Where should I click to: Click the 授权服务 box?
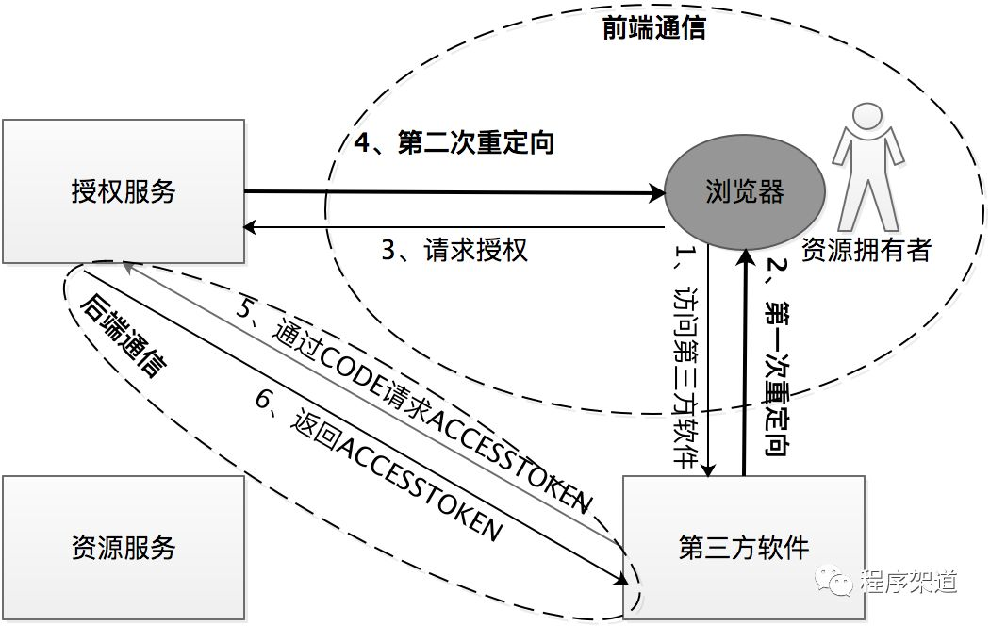(x=124, y=191)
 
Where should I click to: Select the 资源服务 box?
(x=124, y=547)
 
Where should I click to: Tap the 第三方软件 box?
(x=744, y=547)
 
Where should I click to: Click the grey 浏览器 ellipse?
(x=745, y=191)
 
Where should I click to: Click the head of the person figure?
(x=868, y=118)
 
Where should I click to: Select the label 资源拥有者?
(x=866, y=251)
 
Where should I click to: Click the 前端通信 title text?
(x=653, y=27)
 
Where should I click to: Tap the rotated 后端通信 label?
(x=124, y=335)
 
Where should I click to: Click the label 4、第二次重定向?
(x=454, y=142)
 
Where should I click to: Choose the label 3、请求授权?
(x=454, y=250)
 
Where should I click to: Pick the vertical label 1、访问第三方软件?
(x=686, y=356)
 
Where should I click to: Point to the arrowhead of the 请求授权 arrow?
(x=250, y=227)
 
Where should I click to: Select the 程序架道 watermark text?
(x=909, y=581)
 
